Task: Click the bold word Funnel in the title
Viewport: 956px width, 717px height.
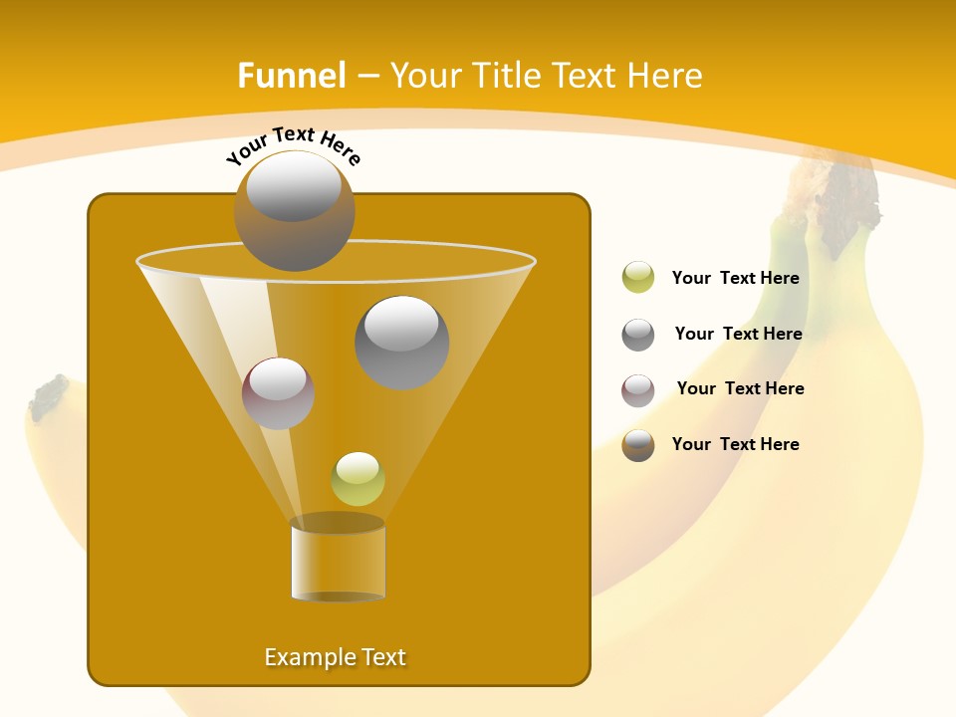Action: tap(291, 76)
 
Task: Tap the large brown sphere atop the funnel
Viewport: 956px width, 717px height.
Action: tap(295, 210)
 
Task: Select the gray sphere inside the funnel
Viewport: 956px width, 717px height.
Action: tap(402, 342)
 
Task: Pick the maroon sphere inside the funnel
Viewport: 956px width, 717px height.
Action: tap(278, 393)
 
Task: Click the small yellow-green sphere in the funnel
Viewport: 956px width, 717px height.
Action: tap(358, 479)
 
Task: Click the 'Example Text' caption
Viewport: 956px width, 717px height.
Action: tap(336, 657)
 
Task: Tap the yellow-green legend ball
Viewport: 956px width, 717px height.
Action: tap(638, 278)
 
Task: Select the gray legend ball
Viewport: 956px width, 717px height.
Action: tap(638, 335)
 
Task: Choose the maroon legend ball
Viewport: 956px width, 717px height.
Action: tap(638, 390)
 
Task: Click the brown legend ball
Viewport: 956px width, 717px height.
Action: tap(638, 445)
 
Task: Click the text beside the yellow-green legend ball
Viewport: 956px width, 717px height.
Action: tap(735, 279)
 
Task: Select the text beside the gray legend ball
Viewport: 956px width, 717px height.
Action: tap(738, 335)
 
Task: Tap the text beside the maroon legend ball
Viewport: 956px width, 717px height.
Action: tap(740, 389)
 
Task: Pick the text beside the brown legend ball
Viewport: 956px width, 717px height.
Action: tap(735, 445)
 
